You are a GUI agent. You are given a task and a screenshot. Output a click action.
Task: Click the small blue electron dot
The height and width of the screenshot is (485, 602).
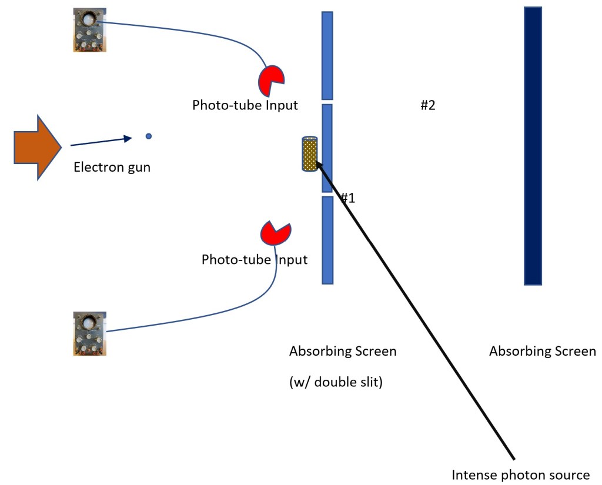[x=149, y=136]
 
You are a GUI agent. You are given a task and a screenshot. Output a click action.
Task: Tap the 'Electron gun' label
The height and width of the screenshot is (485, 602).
[x=112, y=168]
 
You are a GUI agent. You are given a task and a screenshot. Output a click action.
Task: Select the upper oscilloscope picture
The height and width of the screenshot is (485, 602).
[x=89, y=30]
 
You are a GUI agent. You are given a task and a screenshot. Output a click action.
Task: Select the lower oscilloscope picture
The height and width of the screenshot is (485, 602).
[x=89, y=334]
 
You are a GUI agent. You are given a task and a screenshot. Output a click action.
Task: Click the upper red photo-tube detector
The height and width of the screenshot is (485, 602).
[x=271, y=80]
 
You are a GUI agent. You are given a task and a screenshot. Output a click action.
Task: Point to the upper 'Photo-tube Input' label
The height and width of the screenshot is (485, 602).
[x=245, y=106]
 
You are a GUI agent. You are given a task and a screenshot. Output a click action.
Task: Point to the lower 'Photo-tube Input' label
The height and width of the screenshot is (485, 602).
[x=255, y=259]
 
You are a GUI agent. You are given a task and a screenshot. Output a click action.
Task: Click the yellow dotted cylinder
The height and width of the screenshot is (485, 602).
[x=309, y=154]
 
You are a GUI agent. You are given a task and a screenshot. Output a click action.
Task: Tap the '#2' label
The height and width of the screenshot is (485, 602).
[x=427, y=106]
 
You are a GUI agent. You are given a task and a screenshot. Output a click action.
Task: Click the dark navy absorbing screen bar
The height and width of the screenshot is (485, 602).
[x=533, y=146]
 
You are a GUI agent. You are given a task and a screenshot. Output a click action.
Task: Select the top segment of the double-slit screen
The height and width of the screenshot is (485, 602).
[x=327, y=55]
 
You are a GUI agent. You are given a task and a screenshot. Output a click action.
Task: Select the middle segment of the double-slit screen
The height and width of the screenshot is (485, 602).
[x=327, y=148]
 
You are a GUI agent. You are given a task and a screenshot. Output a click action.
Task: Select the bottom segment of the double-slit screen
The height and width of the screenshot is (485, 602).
[x=327, y=240]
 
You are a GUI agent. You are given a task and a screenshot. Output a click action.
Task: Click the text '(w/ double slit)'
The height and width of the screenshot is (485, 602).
[x=336, y=383]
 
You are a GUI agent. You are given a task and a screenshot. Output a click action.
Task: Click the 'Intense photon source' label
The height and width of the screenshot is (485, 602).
[x=520, y=475]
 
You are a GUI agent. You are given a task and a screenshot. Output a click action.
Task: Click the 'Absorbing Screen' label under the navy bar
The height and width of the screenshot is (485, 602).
[x=543, y=352]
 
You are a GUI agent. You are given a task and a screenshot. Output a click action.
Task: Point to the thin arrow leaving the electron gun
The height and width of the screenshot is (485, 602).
[x=100, y=142]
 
